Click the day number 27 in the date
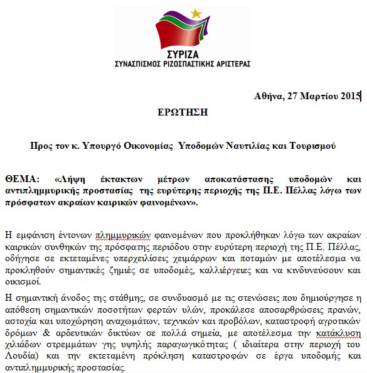(290, 96)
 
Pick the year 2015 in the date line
(348, 96)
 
